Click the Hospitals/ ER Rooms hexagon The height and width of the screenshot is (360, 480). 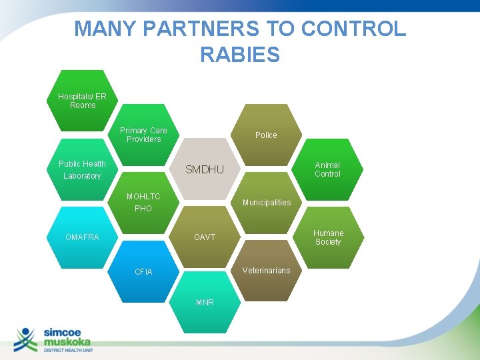[x=82, y=101]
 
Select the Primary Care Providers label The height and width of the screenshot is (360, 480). [x=143, y=135]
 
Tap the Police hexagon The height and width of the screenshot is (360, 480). [x=266, y=135]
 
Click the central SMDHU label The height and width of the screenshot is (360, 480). [x=205, y=170]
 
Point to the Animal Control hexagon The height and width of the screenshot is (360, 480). [x=327, y=169]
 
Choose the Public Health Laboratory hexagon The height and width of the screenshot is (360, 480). [x=82, y=170]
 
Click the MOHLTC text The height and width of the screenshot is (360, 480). [x=143, y=197]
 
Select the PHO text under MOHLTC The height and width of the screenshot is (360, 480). [x=143, y=209]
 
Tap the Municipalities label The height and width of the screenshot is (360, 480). [x=266, y=203]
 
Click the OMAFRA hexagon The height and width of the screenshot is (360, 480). [x=82, y=237]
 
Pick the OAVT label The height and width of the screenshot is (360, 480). [x=205, y=237]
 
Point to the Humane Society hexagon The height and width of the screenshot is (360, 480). [x=328, y=237]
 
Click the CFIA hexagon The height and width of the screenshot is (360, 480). [x=143, y=272]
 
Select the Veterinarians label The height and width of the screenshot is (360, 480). [x=266, y=271]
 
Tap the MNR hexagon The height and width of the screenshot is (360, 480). [x=205, y=303]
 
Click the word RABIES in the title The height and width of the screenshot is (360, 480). [x=240, y=55]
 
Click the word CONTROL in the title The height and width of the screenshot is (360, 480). [x=353, y=29]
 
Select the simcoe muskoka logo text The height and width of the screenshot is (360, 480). [x=67, y=337]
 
